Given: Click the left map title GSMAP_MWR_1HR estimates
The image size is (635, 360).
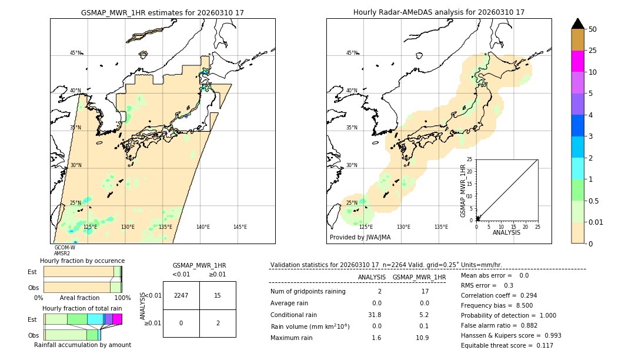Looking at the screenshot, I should tap(162, 12).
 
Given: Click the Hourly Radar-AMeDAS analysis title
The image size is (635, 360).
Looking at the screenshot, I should tap(439, 12).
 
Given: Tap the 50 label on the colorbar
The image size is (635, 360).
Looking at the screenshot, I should tap(593, 29).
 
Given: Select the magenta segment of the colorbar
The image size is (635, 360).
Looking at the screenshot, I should tap(577, 61).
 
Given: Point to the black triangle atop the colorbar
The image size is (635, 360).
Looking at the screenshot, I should tap(577, 24).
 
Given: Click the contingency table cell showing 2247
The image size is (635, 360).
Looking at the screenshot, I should tap(181, 295).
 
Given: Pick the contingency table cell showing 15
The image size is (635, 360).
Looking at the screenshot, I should tap(218, 295).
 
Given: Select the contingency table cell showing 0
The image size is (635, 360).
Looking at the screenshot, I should tap(181, 323).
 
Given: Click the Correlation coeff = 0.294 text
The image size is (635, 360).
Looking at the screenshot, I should tap(499, 295).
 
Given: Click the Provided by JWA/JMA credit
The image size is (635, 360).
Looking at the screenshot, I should tap(360, 238).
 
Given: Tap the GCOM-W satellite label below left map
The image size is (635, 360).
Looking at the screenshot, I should tap(65, 248).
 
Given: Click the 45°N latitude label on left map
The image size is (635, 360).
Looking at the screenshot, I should tap(75, 53).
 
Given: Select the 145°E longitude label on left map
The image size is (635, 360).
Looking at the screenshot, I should tap(240, 227).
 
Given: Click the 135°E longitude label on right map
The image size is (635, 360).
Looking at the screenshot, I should tap(441, 227).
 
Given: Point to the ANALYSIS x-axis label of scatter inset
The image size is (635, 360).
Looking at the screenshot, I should tap(507, 232).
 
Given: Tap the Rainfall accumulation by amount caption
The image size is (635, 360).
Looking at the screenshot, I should tap(82, 345).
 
